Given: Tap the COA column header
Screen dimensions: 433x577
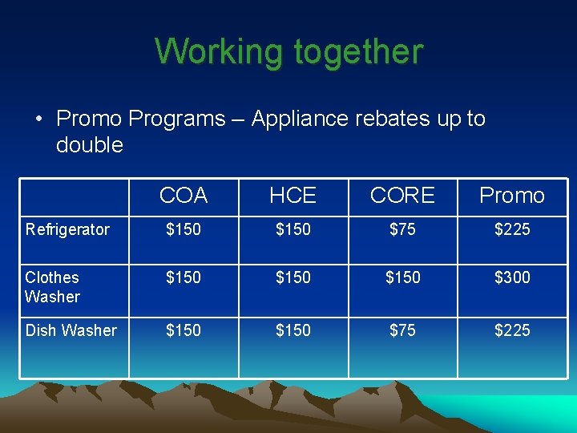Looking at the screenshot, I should click(x=184, y=196).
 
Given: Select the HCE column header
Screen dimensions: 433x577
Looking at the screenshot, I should click(x=293, y=196).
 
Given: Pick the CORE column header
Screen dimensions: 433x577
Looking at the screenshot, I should click(x=402, y=196).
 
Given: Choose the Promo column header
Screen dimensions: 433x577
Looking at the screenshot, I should click(x=511, y=196).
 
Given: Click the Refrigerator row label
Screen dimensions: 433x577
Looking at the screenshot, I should click(x=67, y=230).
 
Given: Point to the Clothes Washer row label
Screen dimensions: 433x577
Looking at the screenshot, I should click(x=53, y=287).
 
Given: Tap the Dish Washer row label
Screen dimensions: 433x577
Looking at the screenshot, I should click(x=71, y=330).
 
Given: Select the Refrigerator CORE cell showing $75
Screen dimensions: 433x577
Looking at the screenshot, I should click(x=402, y=230).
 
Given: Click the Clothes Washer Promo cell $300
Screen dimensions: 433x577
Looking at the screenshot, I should click(x=512, y=277).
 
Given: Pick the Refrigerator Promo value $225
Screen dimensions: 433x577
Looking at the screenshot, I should click(x=512, y=230).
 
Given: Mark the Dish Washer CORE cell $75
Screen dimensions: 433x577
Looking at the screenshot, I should click(x=402, y=330).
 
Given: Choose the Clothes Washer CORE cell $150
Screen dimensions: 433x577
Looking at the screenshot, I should click(x=402, y=277).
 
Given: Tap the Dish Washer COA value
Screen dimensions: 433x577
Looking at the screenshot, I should click(x=184, y=330).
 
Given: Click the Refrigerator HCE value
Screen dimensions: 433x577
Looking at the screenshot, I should click(x=293, y=230).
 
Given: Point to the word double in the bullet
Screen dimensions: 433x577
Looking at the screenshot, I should click(x=90, y=145).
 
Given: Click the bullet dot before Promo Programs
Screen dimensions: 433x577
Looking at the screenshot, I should click(x=38, y=119).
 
